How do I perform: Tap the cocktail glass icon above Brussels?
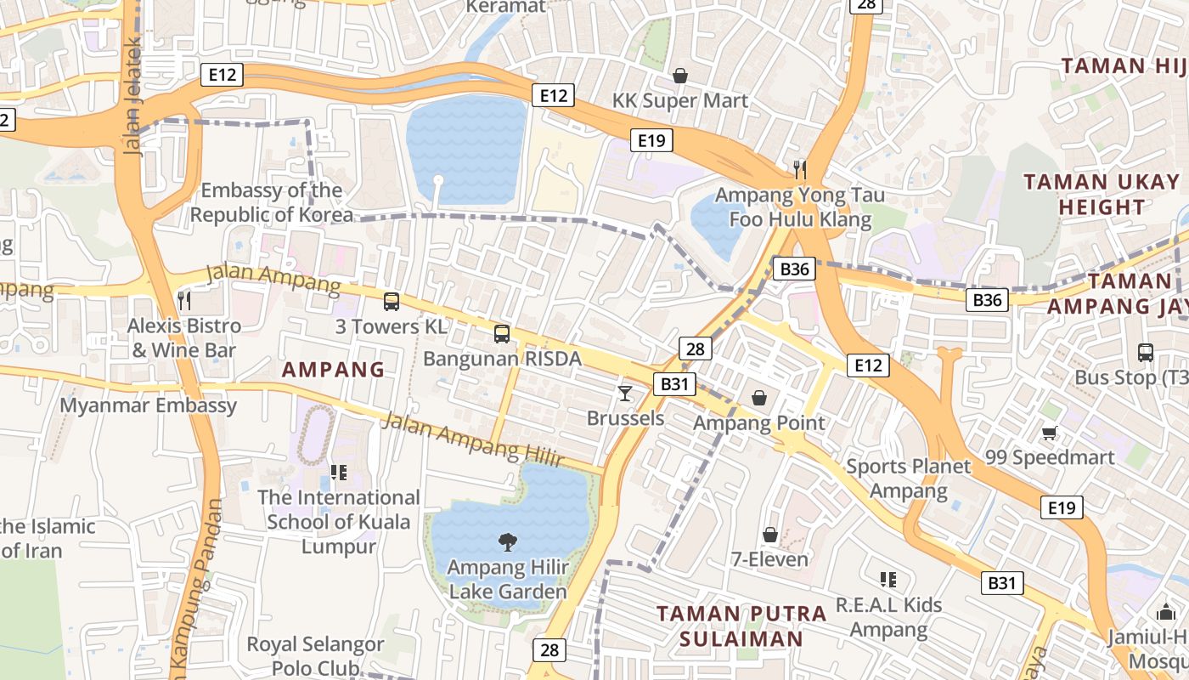point(625,393)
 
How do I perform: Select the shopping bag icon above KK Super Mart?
point(679,76)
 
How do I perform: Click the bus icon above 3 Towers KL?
point(391,301)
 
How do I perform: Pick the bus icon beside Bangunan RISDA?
point(502,334)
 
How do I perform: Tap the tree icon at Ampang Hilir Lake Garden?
point(507,541)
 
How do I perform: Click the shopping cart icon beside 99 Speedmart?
point(1050,433)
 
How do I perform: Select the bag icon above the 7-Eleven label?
point(769,535)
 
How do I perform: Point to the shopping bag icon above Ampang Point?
point(758,398)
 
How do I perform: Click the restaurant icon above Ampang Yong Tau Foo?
point(799,169)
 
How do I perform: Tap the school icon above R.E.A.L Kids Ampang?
point(888,581)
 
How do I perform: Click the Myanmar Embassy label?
point(148,405)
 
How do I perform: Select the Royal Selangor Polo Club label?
point(315,656)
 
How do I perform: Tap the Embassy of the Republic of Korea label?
point(271,202)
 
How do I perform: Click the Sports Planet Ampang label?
point(908,479)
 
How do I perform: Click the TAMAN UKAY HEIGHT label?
point(1102,194)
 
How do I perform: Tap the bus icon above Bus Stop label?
point(1145,352)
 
